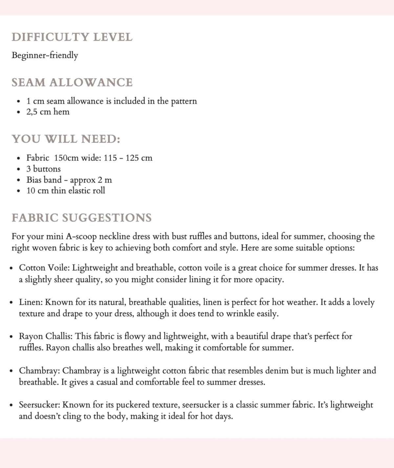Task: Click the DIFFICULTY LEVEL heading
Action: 72,37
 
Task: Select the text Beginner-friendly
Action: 45,55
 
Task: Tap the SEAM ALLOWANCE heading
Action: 72,82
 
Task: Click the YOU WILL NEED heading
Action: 66,139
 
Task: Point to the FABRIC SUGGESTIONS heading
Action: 81,218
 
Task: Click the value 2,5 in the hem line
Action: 32,112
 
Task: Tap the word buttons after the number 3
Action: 47,169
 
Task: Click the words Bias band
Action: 44,180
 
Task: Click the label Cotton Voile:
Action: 44,268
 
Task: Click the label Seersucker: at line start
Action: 39,405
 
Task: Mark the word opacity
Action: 270,280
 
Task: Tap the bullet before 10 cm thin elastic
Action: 18,191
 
